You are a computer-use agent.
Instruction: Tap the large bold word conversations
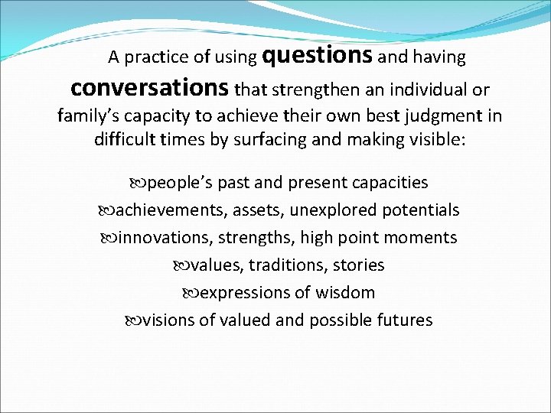click(149, 88)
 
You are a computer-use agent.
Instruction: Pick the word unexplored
click(336, 210)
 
